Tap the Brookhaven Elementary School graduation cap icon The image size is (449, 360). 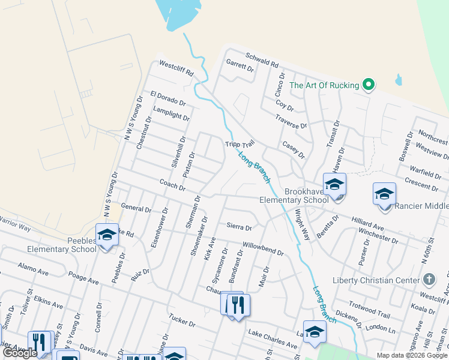point(334,184)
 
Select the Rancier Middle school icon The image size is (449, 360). point(384,194)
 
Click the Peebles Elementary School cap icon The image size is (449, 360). point(107,234)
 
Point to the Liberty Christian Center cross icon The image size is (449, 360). point(429,280)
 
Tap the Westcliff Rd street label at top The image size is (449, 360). point(176,68)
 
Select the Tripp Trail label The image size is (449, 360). point(240,145)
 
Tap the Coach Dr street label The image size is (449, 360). point(172,184)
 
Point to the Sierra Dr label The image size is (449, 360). point(239,227)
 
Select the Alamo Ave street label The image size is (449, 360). point(33,269)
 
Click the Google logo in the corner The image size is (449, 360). point(20,353)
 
